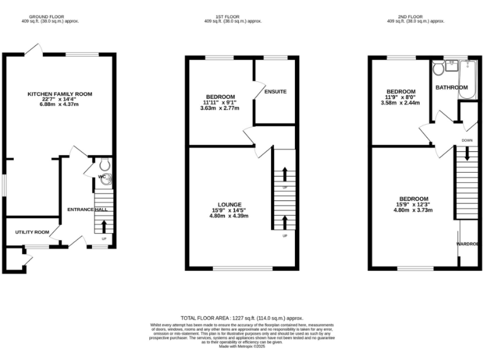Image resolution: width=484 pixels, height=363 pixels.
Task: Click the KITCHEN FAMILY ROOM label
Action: pos(59,94)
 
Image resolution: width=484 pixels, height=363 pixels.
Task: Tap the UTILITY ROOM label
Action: pos(32,232)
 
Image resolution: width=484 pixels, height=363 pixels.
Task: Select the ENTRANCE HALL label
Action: pos(87,209)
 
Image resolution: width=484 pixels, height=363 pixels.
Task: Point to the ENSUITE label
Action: pos(275,92)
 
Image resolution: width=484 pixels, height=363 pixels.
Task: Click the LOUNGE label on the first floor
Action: pos(229,204)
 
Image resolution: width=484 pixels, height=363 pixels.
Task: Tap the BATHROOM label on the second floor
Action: pos(452,87)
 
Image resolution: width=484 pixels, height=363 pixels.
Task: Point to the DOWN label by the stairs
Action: pos(467,141)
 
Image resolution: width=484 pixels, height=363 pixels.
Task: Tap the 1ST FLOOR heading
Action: pos(233,17)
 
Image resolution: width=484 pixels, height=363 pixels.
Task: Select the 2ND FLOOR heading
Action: pos(415,17)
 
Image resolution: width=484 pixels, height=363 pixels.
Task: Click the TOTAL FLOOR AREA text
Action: pos(242,318)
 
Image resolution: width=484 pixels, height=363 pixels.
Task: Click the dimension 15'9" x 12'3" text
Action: pos(413,204)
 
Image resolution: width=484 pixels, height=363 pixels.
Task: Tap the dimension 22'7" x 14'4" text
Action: pos(59,100)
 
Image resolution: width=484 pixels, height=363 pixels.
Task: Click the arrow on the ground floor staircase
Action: pos(104,226)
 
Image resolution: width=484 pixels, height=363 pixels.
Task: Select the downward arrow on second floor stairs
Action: pos(467,153)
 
